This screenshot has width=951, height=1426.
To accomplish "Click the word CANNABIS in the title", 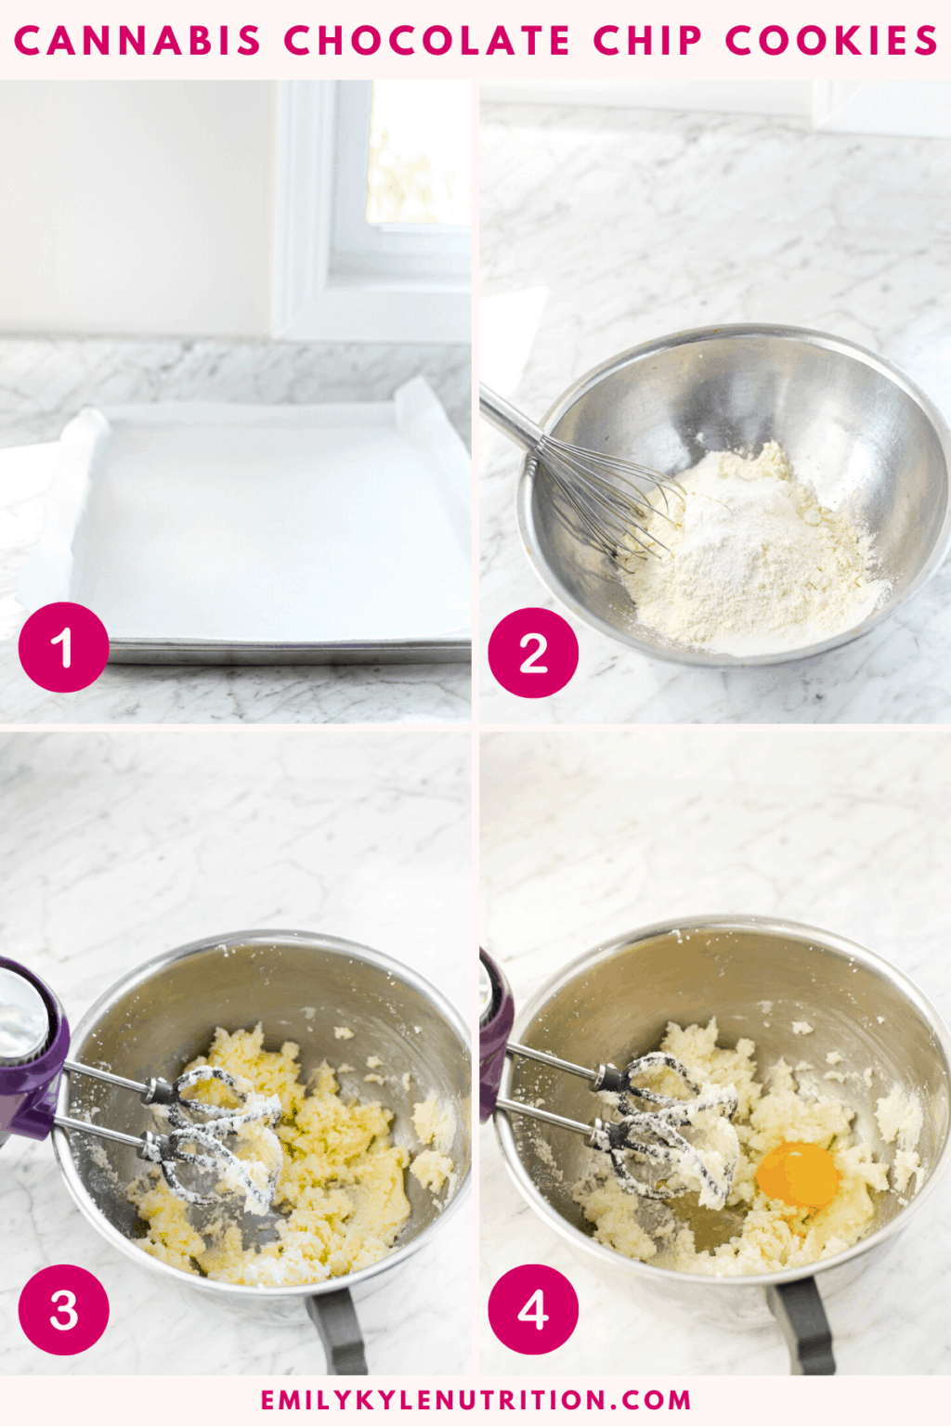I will (x=137, y=41).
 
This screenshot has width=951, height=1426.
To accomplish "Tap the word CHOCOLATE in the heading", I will (x=427, y=41).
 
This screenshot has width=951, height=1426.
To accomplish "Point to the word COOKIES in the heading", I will (x=831, y=41).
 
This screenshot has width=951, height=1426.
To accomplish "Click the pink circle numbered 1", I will (x=63, y=647).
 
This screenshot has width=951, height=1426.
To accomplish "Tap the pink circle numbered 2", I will (x=533, y=653).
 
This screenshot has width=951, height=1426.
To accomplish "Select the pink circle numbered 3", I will (x=63, y=1309).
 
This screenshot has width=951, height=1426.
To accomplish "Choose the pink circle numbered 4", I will (x=533, y=1309).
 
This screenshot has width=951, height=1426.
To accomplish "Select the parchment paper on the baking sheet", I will (x=269, y=520).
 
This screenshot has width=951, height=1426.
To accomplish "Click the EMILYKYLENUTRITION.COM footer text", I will (x=475, y=1400).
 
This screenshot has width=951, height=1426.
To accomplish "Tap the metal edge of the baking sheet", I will (x=288, y=654).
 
